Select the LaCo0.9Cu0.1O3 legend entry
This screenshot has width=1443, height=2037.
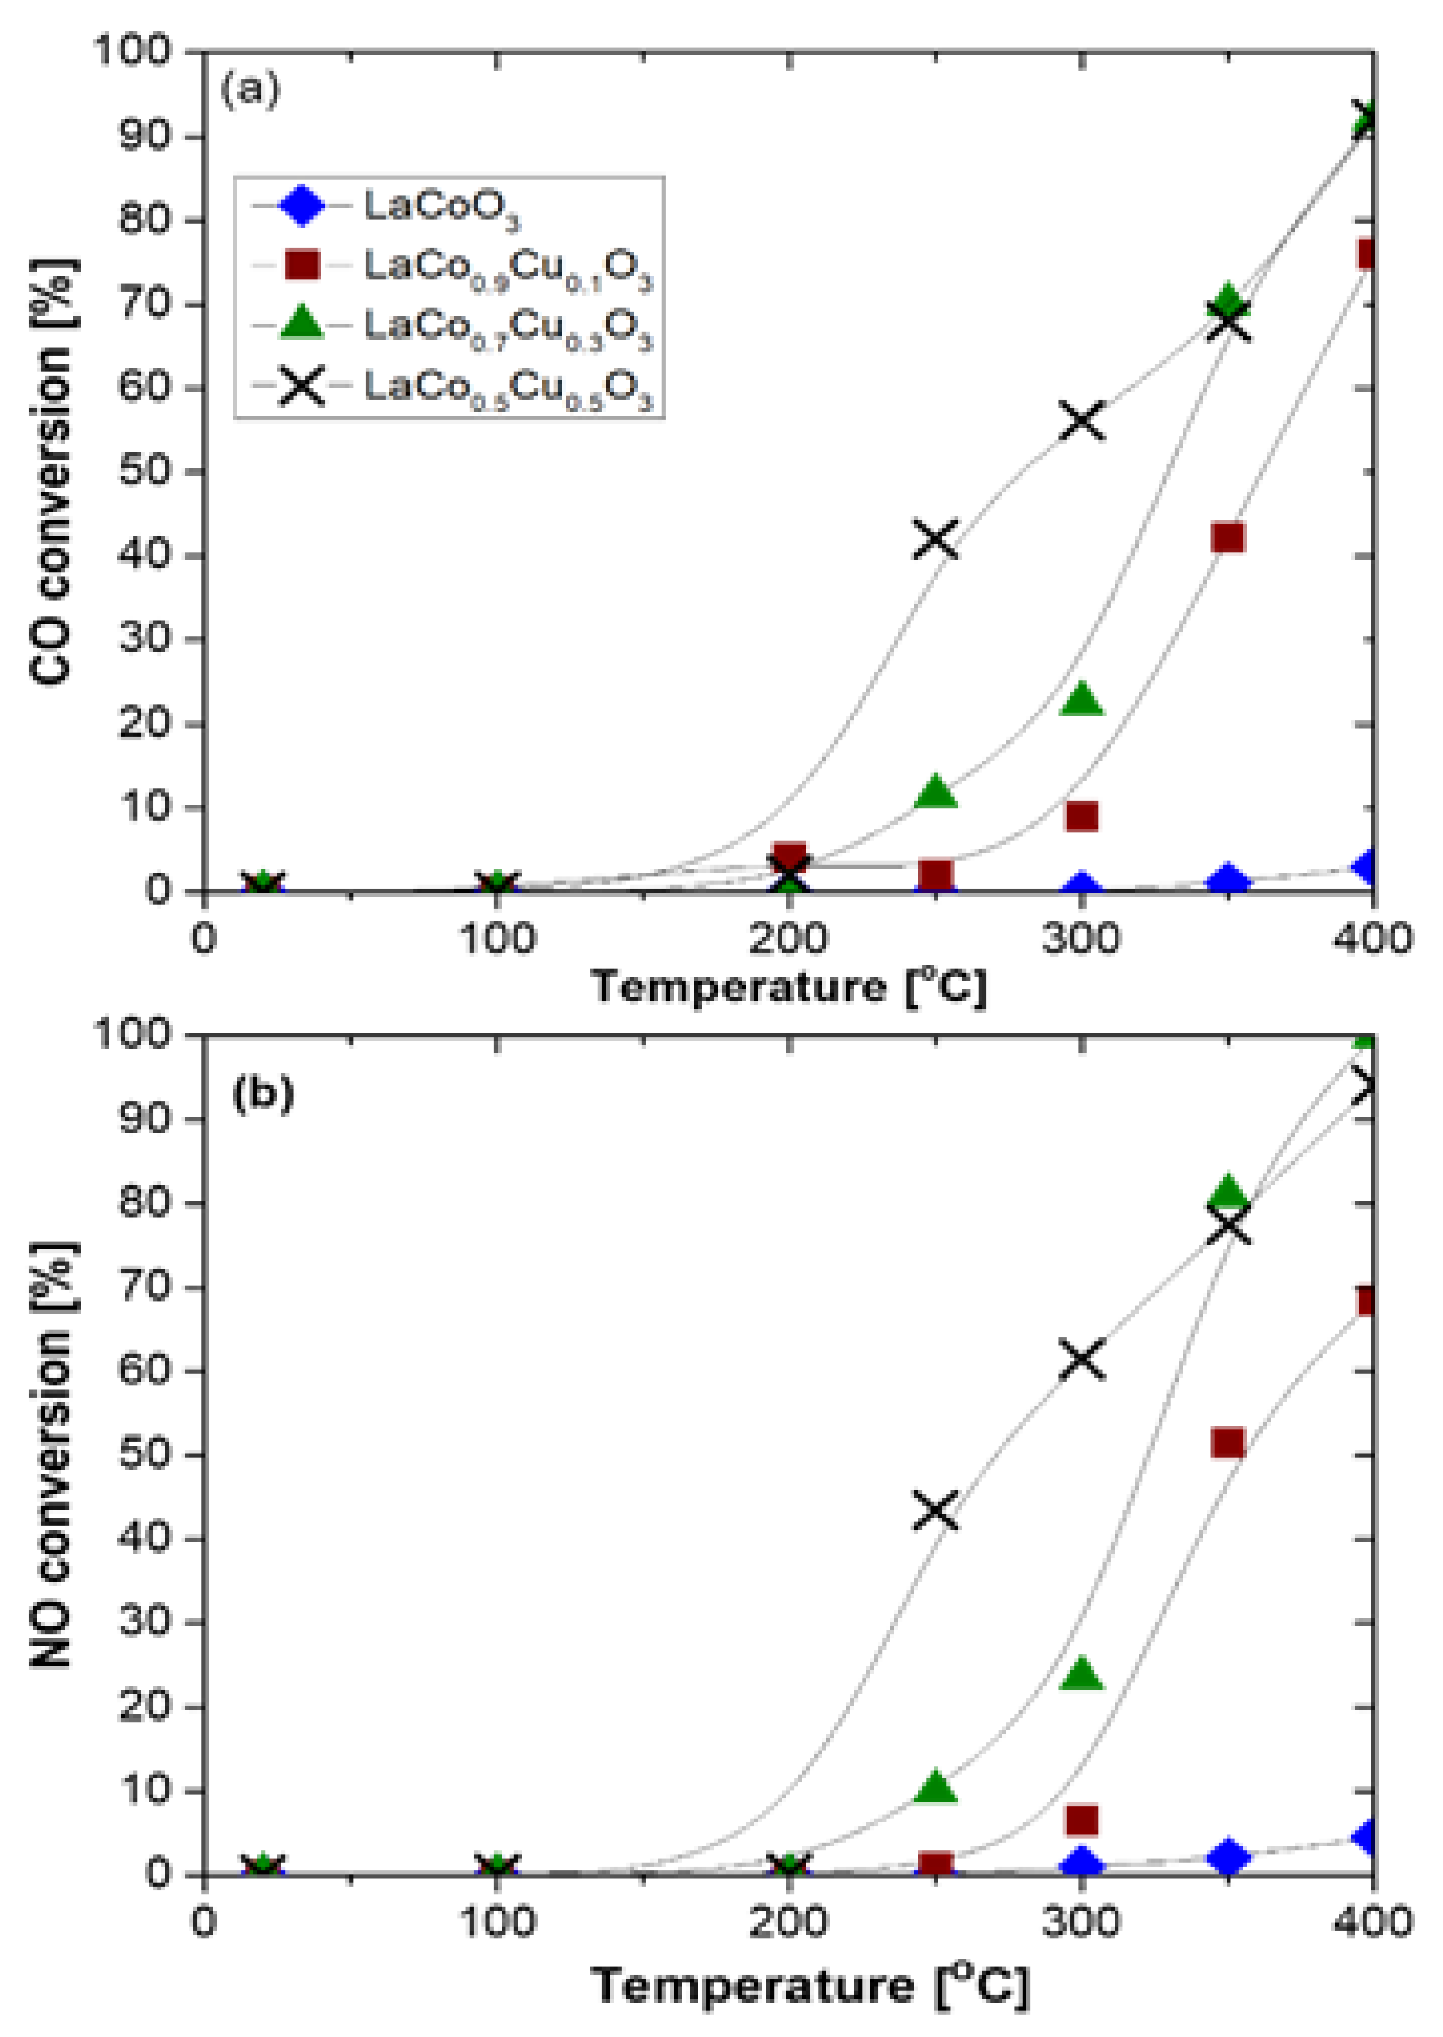[x=507, y=267]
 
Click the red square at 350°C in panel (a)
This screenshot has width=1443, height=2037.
[x=1228, y=538]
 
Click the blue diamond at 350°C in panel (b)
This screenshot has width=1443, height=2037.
[x=1228, y=1857]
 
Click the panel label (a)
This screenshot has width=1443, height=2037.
[x=251, y=90]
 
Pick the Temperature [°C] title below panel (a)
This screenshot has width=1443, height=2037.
[x=789, y=986]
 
